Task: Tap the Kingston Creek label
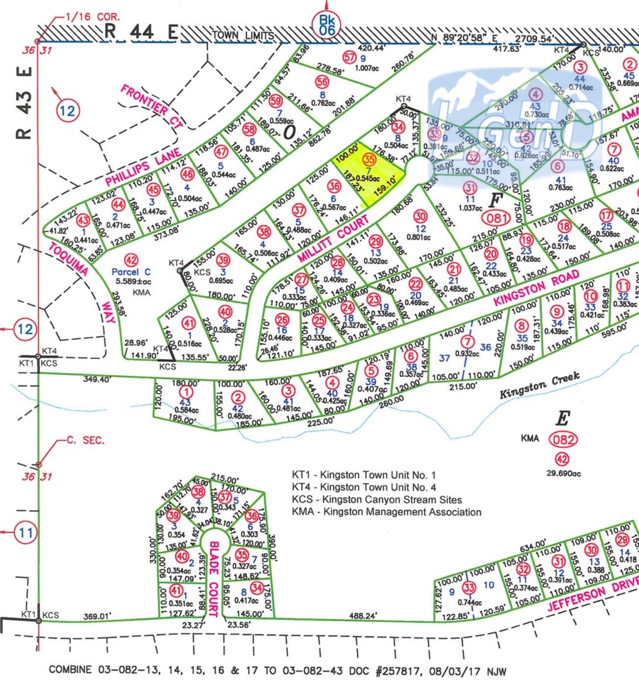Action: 539,384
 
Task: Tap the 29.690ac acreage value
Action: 563,473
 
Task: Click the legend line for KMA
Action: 386,512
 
